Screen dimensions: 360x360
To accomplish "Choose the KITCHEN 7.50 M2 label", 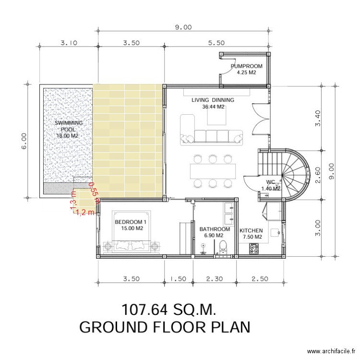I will click(251, 233).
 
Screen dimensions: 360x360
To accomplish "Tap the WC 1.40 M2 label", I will click(270, 185).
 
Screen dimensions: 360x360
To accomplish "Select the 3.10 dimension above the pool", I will click(69, 43).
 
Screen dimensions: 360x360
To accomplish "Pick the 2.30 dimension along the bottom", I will click(215, 278).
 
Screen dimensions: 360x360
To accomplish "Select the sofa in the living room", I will click(211, 136).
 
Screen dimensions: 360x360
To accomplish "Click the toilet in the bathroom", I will click(222, 247).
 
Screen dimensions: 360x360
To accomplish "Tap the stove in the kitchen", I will click(254, 249).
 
